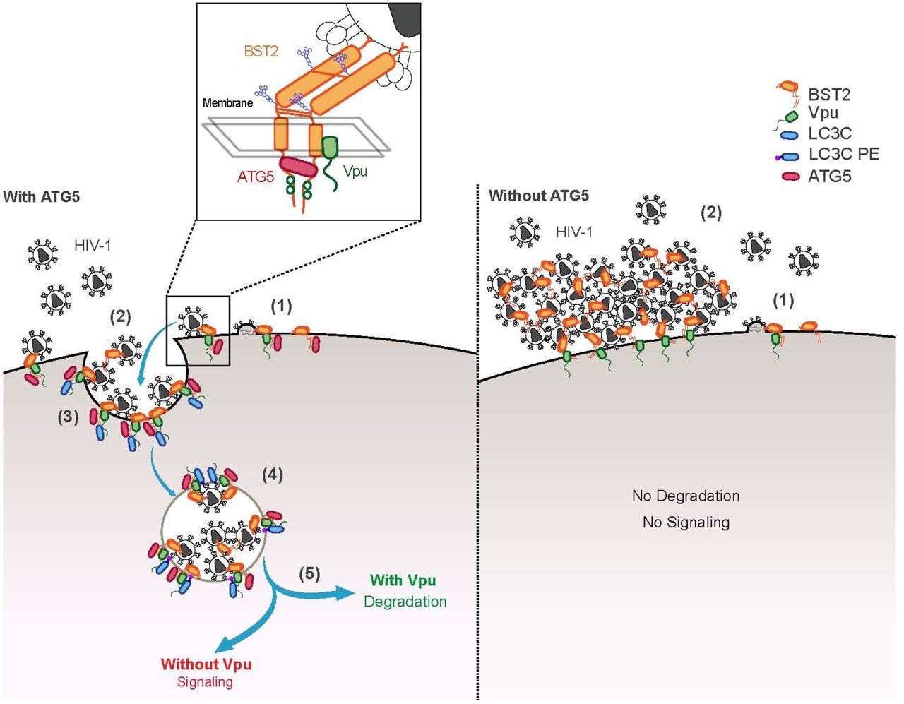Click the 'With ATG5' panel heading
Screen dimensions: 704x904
pyautogui.click(x=42, y=197)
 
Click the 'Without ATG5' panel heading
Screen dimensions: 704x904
pyautogui.click(x=538, y=196)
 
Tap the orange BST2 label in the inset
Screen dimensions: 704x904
pyautogui.click(x=261, y=51)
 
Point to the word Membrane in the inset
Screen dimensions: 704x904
pyautogui.click(x=227, y=103)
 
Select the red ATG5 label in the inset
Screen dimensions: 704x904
pyautogui.click(x=255, y=177)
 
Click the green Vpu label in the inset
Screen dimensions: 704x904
pyautogui.click(x=355, y=171)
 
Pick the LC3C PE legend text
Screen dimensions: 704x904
pyautogui.click(x=844, y=154)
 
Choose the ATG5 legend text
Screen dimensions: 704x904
pyautogui.click(x=830, y=176)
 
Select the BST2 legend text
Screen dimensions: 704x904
pyautogui.click(x=829, y=95)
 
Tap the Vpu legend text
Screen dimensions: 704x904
pyautogui.click(x=823, y=113)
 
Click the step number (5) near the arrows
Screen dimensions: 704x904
pyautogui.click(x=309, y=573)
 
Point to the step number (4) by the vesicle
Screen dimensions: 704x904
pyautogui.click(x=273, y=475)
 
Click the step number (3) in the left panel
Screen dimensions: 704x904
pyautogui.click(x=68, y=417)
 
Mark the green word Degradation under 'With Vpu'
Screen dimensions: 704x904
pyautogui.click(x=405, y=602)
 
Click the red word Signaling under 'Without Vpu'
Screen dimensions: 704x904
pyautogui.click(x=205, y=682)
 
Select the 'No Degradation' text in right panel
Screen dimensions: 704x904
pyautogui.click(x=686, y=496)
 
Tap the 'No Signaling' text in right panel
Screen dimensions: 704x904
pyautogui.click(x=686, y=523)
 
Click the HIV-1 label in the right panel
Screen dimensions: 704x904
pyautogui.click(x=574, y=232)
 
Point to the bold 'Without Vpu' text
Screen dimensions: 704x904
pyautogui.click(x=206, y=664)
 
